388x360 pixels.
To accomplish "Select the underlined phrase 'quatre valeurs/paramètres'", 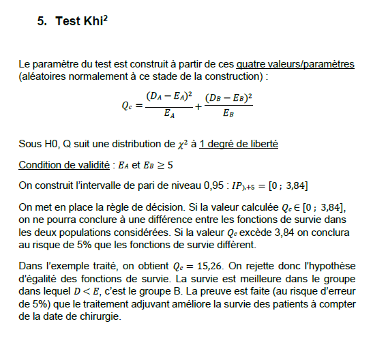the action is point(295,65).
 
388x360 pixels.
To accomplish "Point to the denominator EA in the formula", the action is point(168,115).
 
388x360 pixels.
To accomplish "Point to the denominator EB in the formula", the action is point(228,115).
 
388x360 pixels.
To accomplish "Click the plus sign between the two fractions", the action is point(198,107).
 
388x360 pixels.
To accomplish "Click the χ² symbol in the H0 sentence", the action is point(183,145).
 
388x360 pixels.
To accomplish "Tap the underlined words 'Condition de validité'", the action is point(61,165).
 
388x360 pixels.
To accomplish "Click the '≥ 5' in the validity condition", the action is point(165,165).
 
